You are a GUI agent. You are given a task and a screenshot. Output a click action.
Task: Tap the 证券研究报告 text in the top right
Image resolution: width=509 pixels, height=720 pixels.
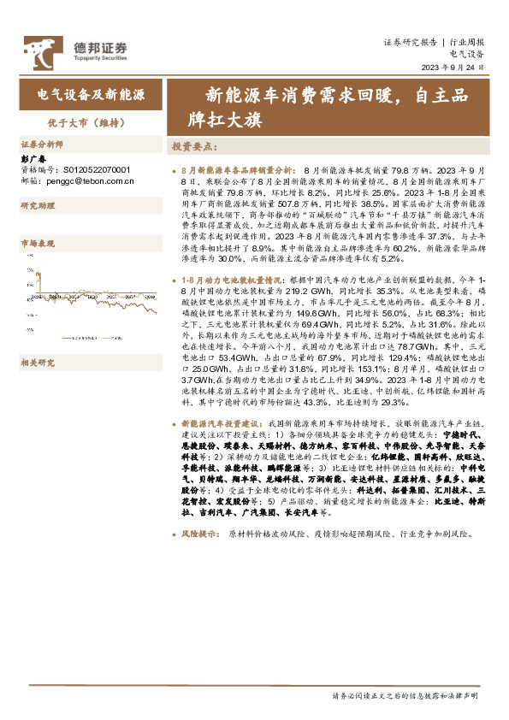[410, 41]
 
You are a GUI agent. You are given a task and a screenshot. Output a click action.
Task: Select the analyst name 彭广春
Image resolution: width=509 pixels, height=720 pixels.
[32, 158]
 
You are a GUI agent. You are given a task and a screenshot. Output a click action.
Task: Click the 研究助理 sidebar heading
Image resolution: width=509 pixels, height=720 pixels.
[38, 207]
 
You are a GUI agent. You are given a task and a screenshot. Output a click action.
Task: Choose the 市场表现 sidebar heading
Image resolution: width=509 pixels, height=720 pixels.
[38, 244]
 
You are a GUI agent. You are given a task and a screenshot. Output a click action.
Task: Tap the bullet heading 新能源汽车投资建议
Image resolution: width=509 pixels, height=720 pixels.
[222, 423]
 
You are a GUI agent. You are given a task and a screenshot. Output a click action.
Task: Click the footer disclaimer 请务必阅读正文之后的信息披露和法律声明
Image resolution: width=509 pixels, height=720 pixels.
[405, 697]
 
